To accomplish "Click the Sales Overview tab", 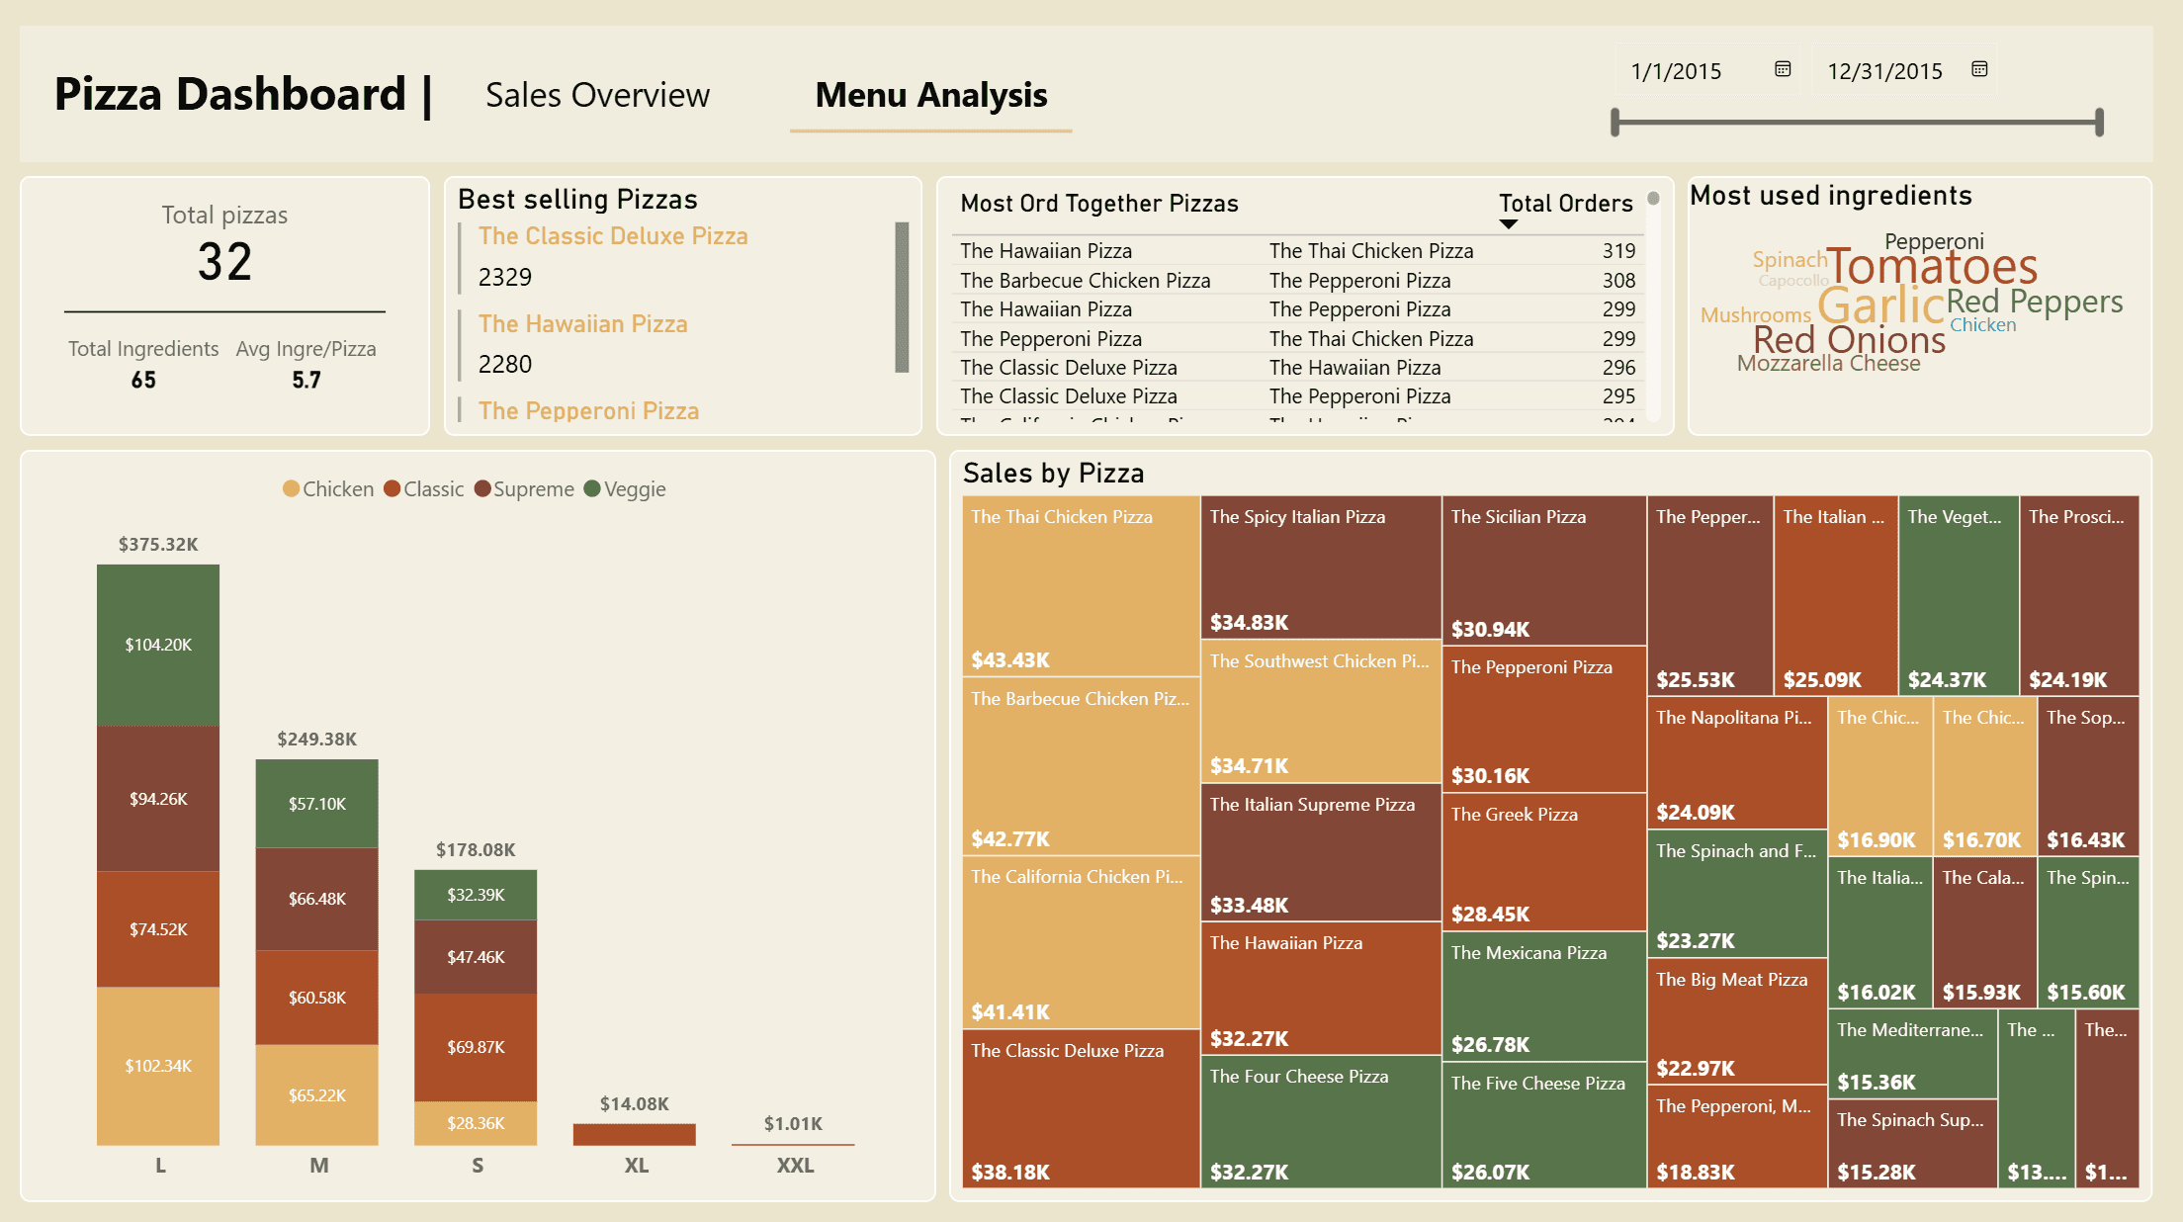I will [597, 95].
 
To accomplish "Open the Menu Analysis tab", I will [930, 95].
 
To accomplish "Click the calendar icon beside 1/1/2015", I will [1783, 69].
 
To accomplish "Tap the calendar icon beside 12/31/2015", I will [1979, 69].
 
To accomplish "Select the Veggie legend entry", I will [625, 489].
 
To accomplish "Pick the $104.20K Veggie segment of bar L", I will [158, 645].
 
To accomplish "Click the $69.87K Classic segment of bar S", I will [476, 1047].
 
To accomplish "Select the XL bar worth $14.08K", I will [634, 1134].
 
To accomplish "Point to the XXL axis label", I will [795, 1166].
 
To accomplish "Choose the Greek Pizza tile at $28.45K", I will [1543, 861].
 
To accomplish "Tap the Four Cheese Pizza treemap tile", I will [1320, 1121].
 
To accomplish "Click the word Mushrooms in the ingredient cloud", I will [1755, 315].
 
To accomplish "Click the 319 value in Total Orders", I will [1618, 251].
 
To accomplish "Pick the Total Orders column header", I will [1565, 204].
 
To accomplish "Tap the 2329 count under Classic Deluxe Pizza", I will [505, 277].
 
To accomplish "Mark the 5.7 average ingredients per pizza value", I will [306, 381].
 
